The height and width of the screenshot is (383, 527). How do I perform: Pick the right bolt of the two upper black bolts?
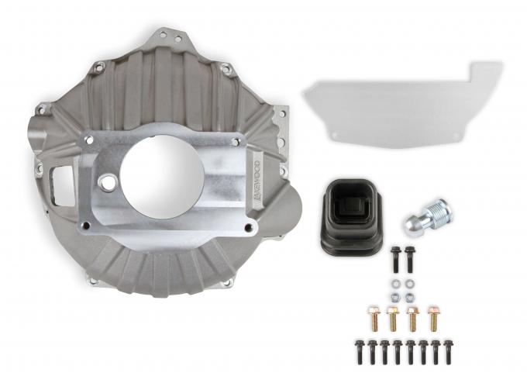click(x=409, y=260)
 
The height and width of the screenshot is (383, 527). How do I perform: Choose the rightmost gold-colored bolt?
click(x=434, y=318)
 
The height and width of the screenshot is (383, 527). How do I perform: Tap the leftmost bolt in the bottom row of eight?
click(x=360, y=351)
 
